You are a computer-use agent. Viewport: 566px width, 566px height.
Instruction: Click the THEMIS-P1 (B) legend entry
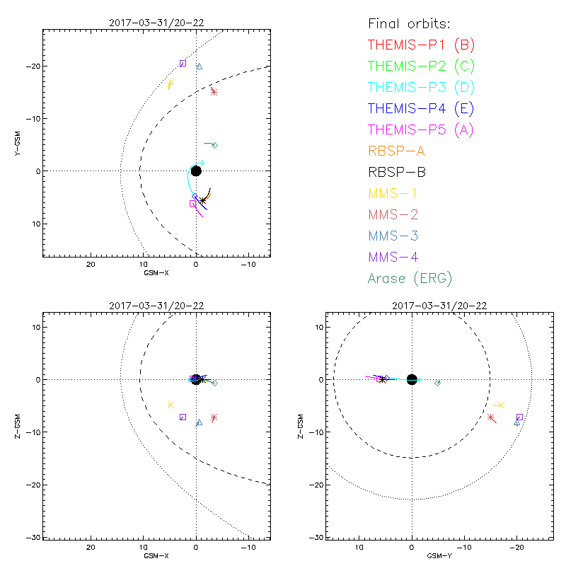[421, 45]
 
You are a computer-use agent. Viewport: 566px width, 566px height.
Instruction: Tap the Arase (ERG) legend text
[410, 278]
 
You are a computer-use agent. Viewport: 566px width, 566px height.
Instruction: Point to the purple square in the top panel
[183, 64]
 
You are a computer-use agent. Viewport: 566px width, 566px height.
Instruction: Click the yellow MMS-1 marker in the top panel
[171, 84]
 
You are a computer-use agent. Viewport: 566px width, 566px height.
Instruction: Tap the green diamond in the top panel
[214, 145]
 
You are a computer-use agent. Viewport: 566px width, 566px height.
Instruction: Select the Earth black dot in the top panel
[196, 171]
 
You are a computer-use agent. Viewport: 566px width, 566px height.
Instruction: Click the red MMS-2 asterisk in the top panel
[214, 91]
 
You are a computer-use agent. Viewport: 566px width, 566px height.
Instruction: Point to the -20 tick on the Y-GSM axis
[33, 66]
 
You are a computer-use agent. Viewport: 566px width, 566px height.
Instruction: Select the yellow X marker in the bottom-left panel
[171, 405]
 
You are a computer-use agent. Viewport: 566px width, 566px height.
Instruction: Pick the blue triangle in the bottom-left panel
[200, 422]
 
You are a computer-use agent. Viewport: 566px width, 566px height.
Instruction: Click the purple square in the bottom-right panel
[519, 417]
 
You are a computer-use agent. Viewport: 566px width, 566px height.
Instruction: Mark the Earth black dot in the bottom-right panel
[412, 379]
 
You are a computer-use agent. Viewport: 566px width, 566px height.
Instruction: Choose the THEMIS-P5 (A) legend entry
[421, 129]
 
